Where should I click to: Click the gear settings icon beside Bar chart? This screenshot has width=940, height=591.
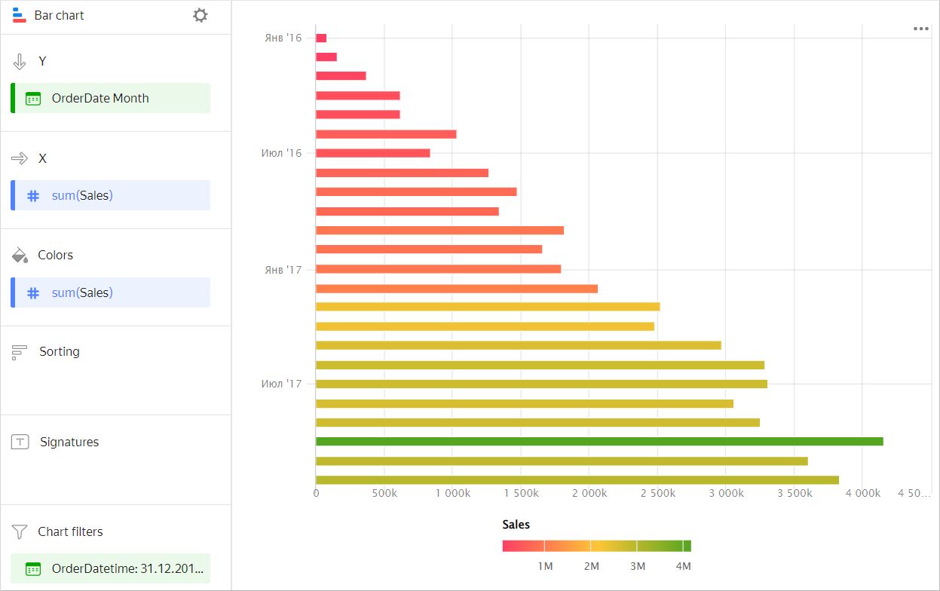200,15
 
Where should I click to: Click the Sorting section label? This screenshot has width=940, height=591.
59,351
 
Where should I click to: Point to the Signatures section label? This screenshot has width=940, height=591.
69,442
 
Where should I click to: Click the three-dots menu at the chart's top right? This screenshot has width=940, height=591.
920,29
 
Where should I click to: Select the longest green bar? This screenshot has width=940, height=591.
599,441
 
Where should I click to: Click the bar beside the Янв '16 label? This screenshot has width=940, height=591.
321,38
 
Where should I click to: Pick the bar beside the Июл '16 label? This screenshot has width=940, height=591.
372,153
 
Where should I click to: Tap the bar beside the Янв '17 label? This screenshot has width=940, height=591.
438,269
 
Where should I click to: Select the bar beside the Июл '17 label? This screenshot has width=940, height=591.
540,384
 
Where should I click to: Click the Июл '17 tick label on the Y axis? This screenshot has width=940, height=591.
281,384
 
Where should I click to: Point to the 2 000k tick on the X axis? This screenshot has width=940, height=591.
589,494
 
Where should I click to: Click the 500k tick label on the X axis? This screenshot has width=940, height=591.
384,494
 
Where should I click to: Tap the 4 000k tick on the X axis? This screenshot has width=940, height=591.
862,494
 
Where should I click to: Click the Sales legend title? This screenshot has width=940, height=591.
516,525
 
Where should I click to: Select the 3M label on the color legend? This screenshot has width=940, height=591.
637,566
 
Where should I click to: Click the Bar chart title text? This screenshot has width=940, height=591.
59,15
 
